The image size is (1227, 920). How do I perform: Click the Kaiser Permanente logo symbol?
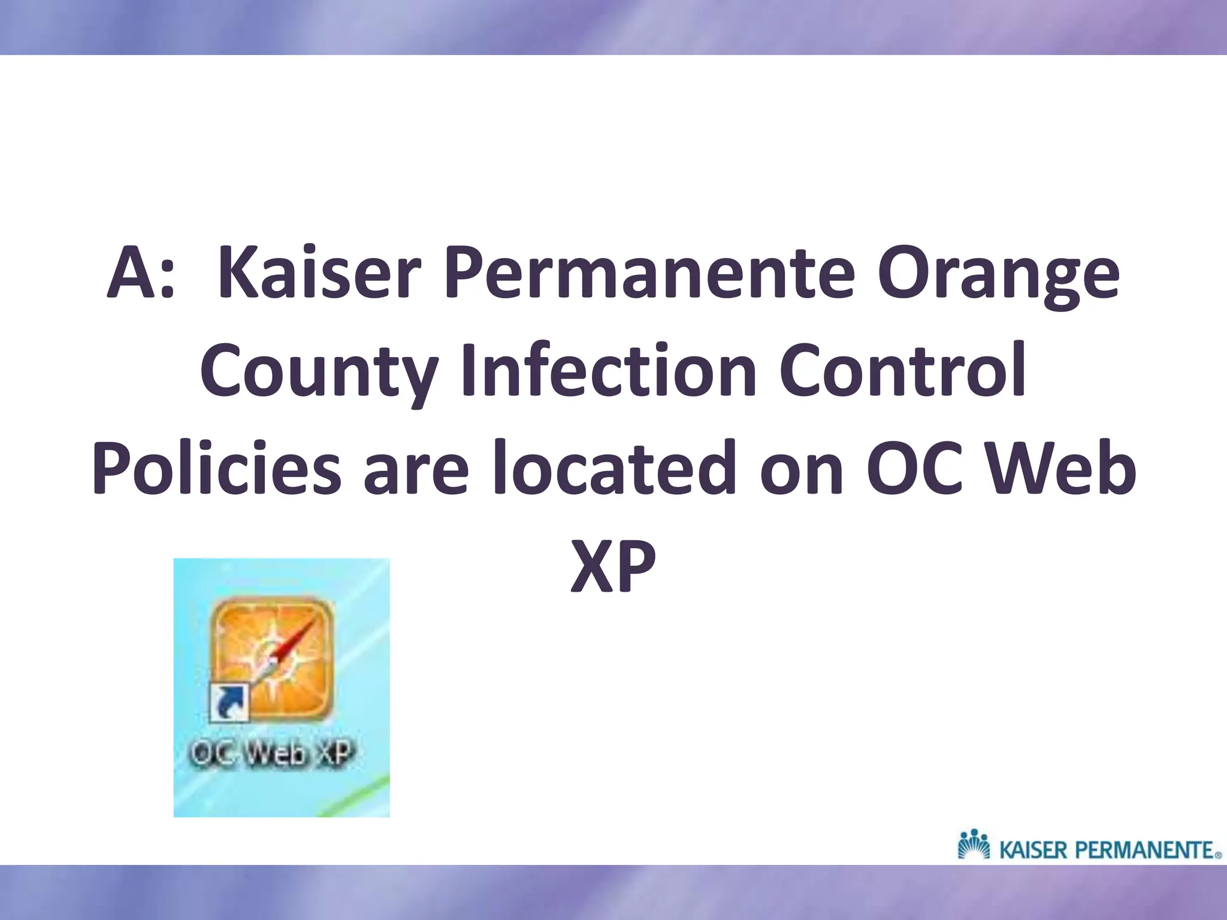974,844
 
